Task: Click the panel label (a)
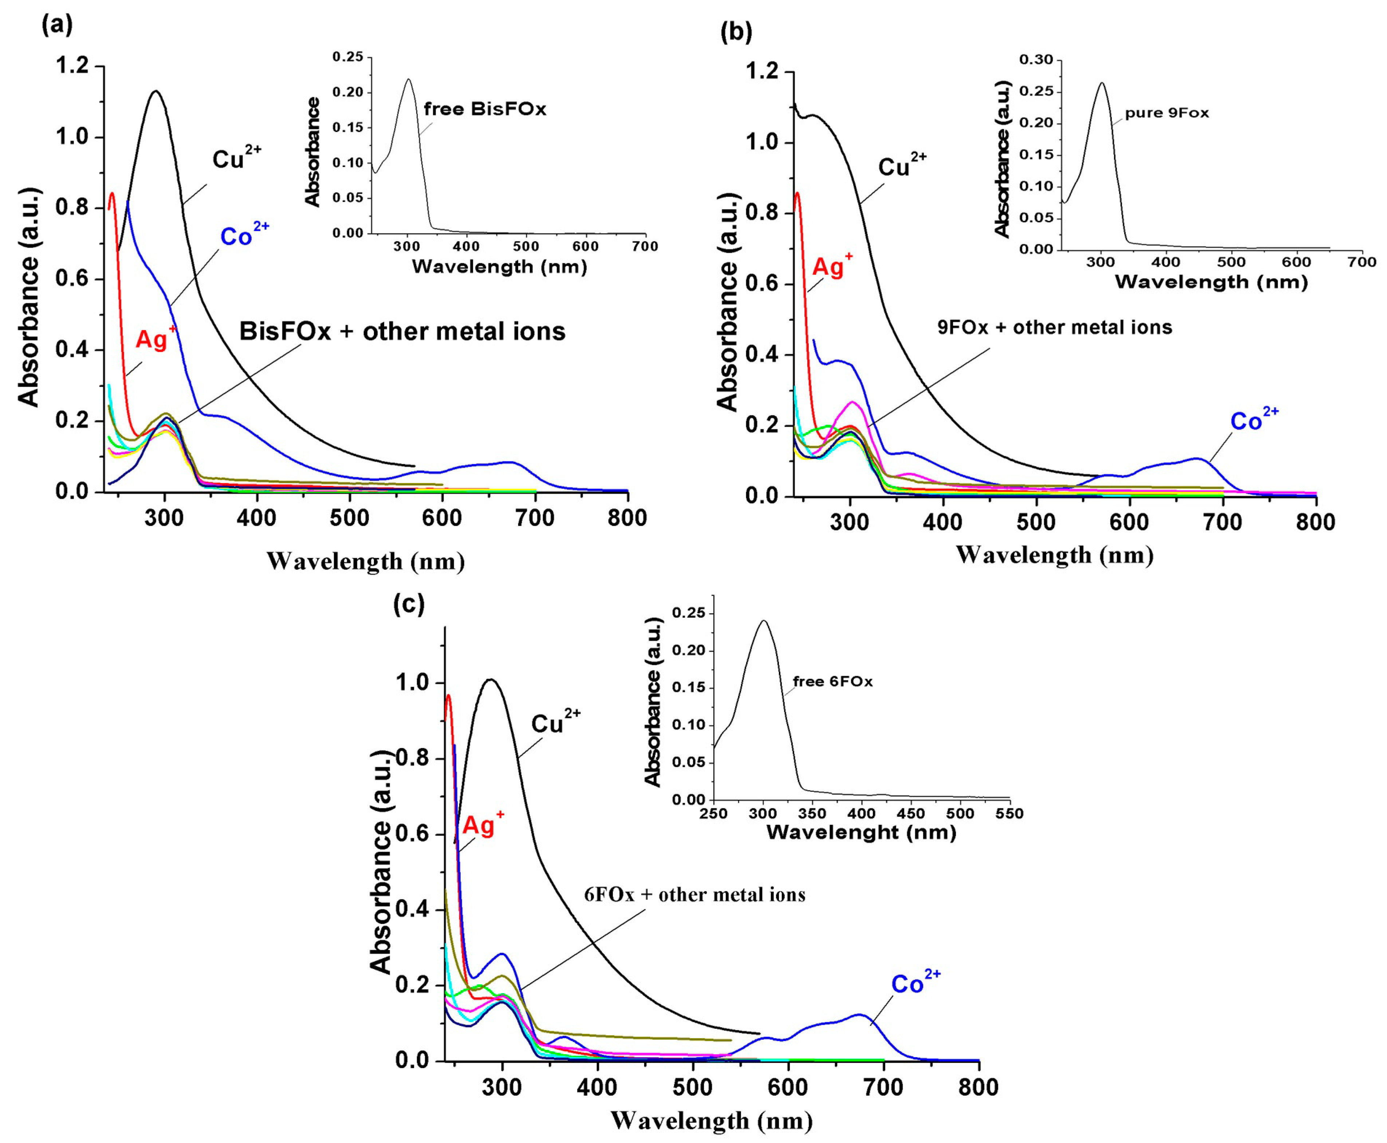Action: (57, 25)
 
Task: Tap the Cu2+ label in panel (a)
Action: (236, 159)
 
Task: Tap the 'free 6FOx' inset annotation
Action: (832, 681)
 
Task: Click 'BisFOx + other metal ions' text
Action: (402, 331)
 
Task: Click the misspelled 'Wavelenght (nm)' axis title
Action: (861, 832)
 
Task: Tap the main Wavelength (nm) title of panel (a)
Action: (366, 562)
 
